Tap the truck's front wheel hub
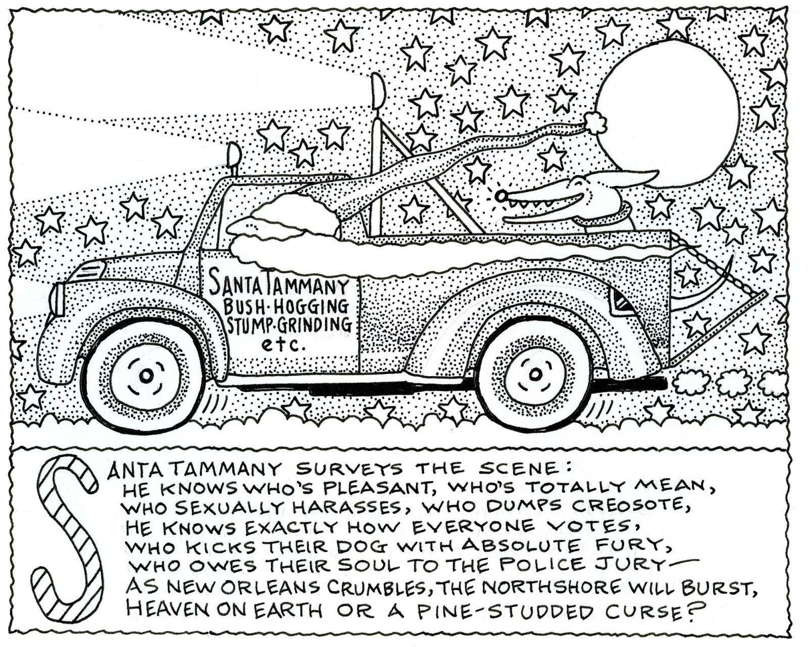(x=146, y=375)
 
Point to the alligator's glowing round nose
(x=500, y=196)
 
